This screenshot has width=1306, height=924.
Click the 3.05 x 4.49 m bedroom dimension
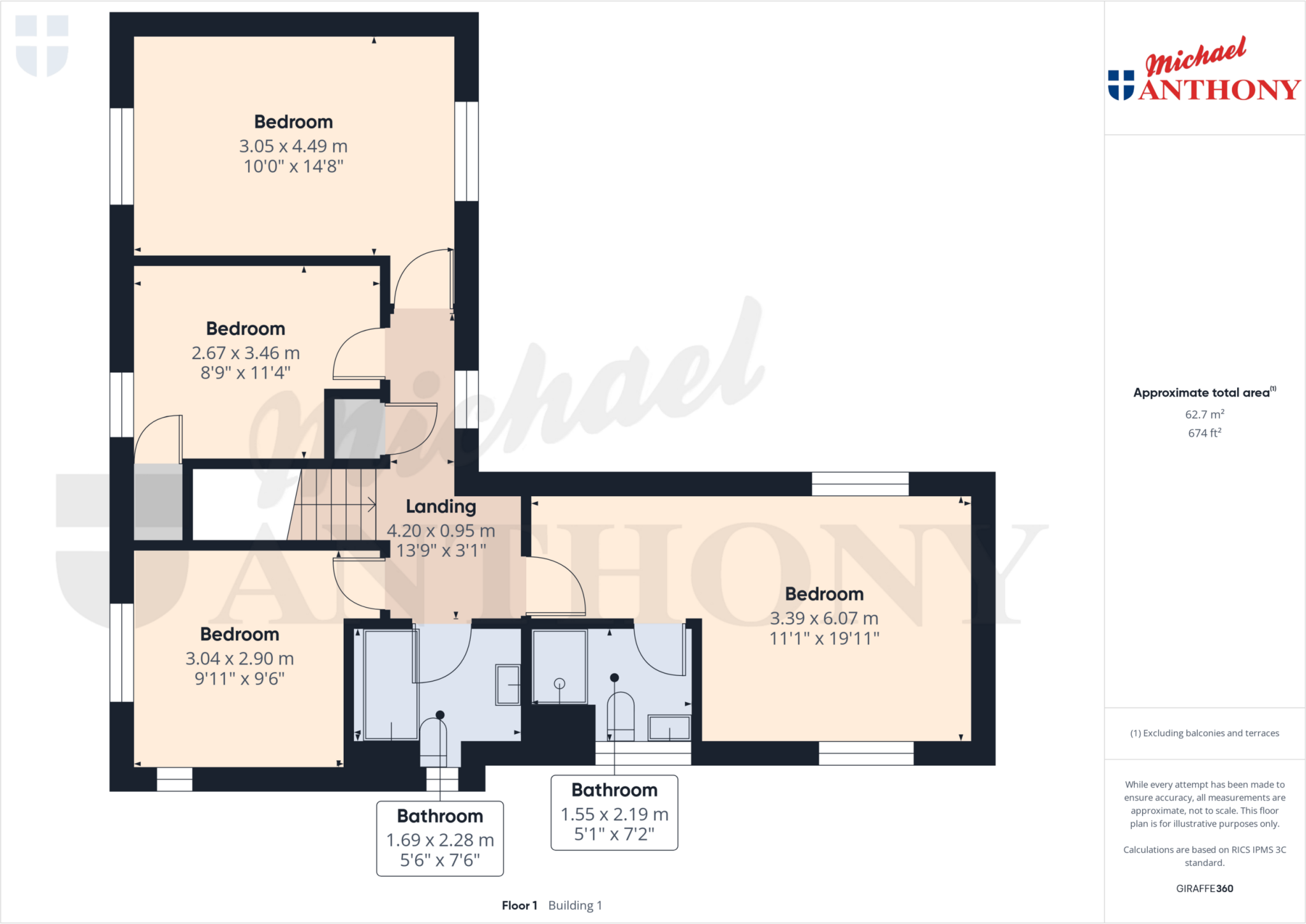(293, 146)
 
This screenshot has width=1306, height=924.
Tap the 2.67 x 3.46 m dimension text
(246, 353)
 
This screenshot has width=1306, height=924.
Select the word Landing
(441, 506)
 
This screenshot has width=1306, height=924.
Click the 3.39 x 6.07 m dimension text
(824, 618)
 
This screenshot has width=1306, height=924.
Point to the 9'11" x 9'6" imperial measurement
(239, 678)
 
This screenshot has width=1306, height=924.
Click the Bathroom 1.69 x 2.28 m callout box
(440, 838)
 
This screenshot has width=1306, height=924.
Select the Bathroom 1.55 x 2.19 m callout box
(614, 812)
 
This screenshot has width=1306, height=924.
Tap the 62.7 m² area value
(1204, 414)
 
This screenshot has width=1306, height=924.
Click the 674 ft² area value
(1204, 433)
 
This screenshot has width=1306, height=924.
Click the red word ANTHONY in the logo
(1219, 90)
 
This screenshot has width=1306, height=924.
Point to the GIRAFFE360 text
(1204, 888)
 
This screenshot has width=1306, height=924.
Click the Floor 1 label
(519, 906)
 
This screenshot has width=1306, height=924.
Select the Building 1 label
(575, 906)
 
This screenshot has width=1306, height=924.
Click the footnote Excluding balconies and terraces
(1204, 733)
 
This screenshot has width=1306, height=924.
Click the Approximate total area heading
(1201, 393)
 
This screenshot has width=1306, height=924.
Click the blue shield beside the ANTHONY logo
(1120, 85)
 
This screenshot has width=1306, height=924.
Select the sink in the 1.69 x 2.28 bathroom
(508, 684)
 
